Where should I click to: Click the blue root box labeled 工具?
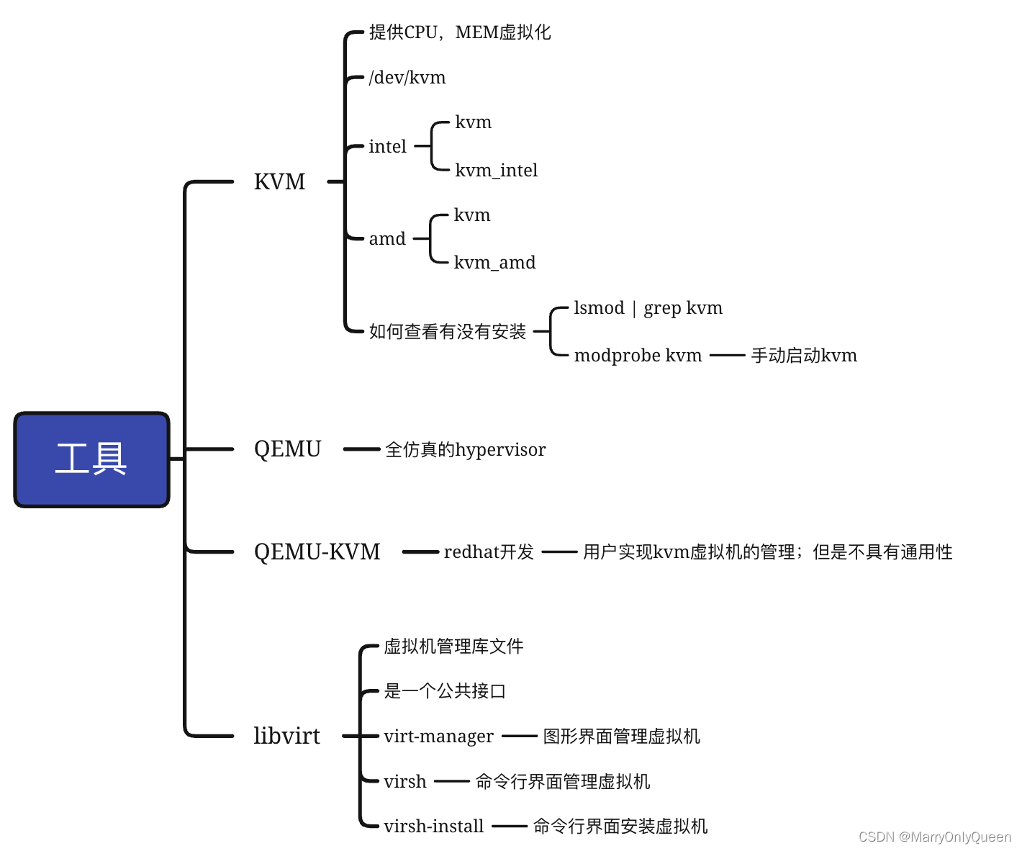click(x=91, y=459)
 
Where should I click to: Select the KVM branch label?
click(x=279, y=181)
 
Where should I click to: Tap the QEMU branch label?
click(x=287, y=449)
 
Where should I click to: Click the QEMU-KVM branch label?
click(x=317, y=551)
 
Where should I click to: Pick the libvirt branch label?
click(x=286, y=736)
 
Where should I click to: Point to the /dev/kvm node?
click(x=407, y=77)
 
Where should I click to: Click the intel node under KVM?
click(x=387, y=146)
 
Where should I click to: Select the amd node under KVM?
click(x=387, y=238)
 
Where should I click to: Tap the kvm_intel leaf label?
click(x=496, y=170)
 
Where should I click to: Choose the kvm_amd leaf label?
click(x=494, y=262)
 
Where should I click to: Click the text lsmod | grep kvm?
click(x=648, y=308)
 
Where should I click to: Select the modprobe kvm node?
click(x=638, y=355)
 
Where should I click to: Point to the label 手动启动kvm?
click(x=804, y=355)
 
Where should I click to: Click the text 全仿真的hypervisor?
click(x=465, y=449)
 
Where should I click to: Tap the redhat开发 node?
click(x=489, y=551)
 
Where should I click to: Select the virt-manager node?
click(x=438, y=736)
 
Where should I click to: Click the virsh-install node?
click(x=433, y=826)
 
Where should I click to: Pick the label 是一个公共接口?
click(x=445, y=690)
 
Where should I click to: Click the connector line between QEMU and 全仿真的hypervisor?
click(x=361, y=449)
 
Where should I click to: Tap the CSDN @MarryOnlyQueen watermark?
click(x=934, y=837)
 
